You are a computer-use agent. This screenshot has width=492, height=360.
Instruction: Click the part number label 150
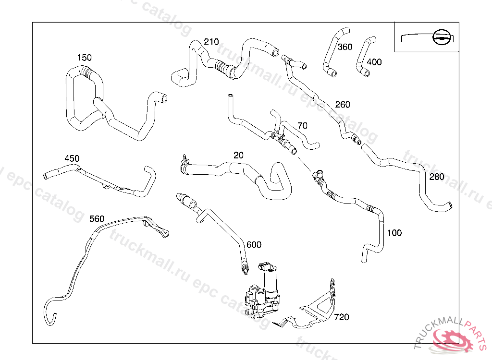click(x=84, y=58)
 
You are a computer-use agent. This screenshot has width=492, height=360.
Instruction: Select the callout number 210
click(x=211, y=42)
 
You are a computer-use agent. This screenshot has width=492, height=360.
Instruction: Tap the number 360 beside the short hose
click(x=344, y=47)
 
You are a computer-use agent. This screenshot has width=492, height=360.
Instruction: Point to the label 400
click(x=374, y=62)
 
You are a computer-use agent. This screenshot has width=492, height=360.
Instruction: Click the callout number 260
click(x=343, y=105)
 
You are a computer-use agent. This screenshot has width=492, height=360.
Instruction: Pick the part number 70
click(x=302, y=126)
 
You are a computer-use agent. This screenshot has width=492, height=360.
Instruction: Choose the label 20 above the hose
click(x=238, y=156)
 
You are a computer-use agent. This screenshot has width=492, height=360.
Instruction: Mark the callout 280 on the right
click(x=437, y=177)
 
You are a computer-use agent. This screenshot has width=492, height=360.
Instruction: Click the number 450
click(x=72, y=158)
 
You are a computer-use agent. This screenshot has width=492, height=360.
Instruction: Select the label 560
click(x=97, y=219)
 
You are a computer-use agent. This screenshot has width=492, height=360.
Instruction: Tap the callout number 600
click(x=254, y=245)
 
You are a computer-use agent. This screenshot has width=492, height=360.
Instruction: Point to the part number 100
click(x=394, y=233)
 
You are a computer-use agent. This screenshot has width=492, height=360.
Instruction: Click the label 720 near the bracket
click(x=342, y=317)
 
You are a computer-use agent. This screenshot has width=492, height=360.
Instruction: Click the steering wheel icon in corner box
click(x=440, y=36)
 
